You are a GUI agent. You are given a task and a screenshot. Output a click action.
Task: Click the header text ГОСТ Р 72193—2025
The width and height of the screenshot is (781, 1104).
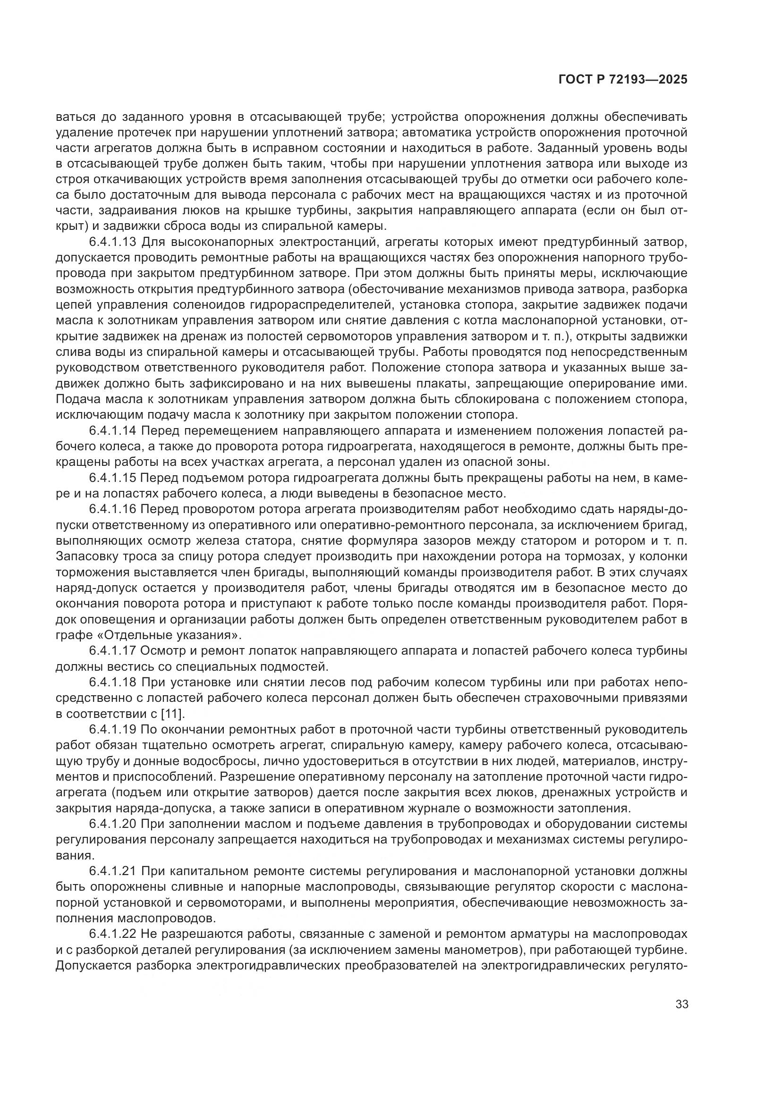pos(623,80)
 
